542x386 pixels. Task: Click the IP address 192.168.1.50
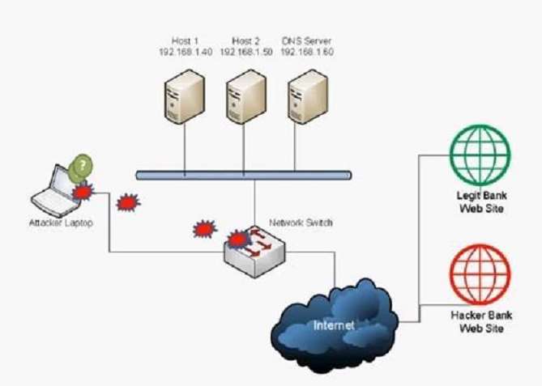tap(243, 51)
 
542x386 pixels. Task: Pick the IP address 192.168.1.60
tap(307, 51)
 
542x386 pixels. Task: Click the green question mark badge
tap(81, 168)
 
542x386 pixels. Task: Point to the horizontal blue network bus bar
tap(243, 174)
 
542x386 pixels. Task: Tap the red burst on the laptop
tap(82, 192)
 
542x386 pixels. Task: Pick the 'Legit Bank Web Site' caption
tap(480, 203)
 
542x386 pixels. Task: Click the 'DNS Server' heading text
tap(307, 40)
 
